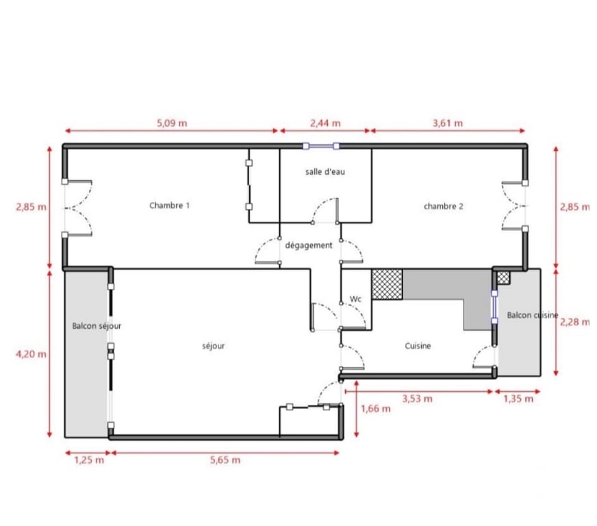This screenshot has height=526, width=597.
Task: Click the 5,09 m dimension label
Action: click(x=172, y=123)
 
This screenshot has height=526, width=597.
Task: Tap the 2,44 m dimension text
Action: click(x=325, y=123)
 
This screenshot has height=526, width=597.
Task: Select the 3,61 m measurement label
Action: click(x=448, y=123)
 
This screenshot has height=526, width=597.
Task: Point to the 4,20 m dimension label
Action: click(x=31, y=354)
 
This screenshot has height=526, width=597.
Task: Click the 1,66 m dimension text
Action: click(x=376, y=409)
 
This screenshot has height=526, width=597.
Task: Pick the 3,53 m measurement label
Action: click(x=418, y=399)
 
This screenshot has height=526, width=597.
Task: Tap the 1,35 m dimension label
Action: click(x=518, y=399)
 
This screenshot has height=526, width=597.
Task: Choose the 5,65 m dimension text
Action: click(x=225, y=460)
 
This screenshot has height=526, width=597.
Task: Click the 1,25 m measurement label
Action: click(x=89, y=460)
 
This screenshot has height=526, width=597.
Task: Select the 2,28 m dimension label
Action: click(x=574, y=322)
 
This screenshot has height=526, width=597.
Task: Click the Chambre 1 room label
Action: click(x=169, y=205)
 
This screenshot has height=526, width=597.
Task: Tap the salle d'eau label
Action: click(x=325, y=172)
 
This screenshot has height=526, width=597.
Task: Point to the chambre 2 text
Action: click(x=444, y=206)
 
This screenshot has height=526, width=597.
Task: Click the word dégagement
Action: click(x=309, y=245)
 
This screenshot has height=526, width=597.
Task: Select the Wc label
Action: click(x=355, y=299)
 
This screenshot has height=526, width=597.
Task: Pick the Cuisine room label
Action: click(x=418, y=346)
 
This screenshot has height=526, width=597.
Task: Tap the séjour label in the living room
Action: click(x=213, y=346)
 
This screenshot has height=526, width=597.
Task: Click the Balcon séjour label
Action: click(x=97, y=326)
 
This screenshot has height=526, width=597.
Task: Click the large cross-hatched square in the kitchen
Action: click(x=388, y=284)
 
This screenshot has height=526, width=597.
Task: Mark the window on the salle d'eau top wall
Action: click(x=321, y=146)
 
